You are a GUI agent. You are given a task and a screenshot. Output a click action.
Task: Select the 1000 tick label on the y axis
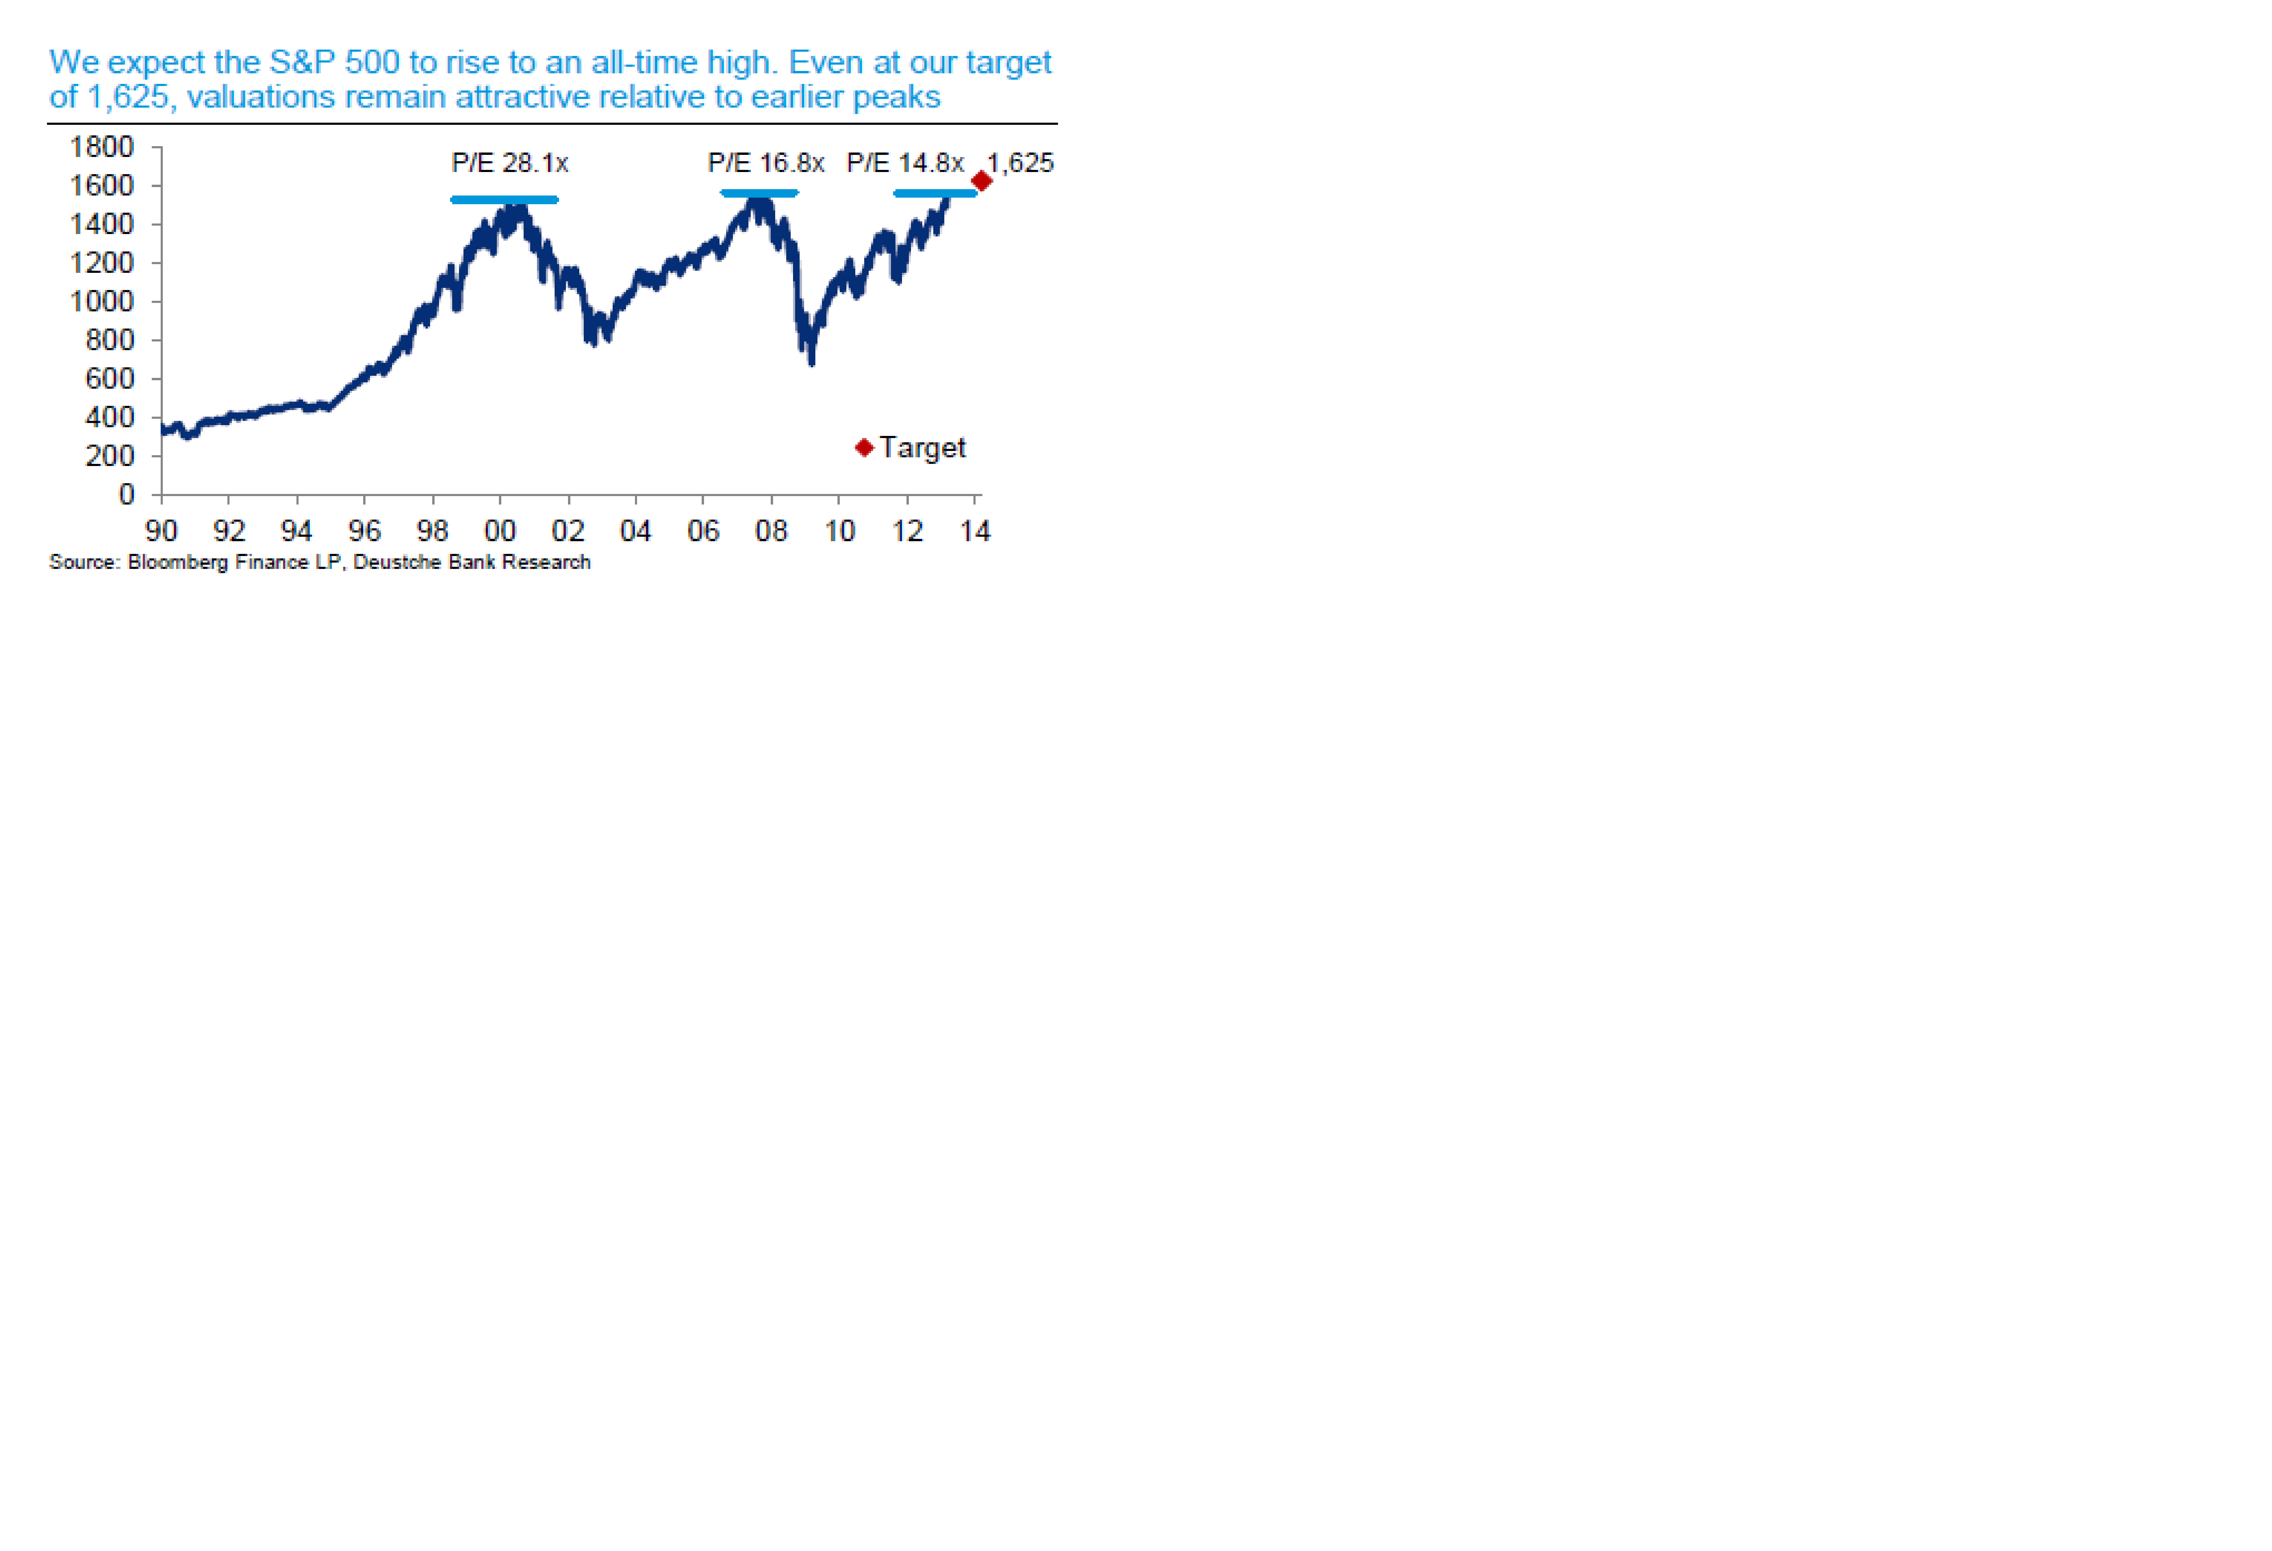pos(102,301)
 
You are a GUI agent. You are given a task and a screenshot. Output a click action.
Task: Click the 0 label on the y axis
pos(126,495)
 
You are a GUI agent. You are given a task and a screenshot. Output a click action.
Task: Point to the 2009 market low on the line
pos(811,362)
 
